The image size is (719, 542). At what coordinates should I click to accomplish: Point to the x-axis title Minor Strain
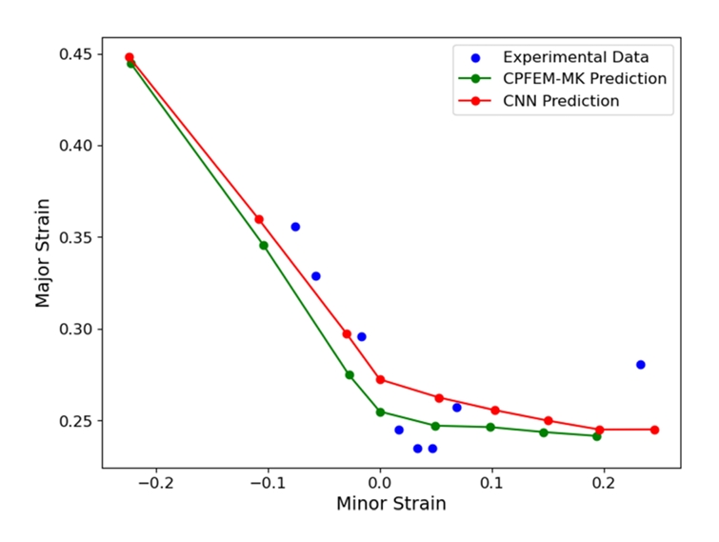point(391,504)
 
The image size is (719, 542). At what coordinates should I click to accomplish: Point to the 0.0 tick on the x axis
point(380,484)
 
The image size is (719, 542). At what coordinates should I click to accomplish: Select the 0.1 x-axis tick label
point(491,484)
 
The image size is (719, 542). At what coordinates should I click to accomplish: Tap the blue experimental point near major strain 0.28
point(641,365)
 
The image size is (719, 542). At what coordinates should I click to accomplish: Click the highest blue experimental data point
point(295,227)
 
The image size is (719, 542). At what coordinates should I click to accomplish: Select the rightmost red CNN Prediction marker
point(654,430)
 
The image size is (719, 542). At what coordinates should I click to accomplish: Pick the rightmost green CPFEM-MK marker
point(597,436)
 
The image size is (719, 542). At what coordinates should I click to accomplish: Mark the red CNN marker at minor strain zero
point(380,379)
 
